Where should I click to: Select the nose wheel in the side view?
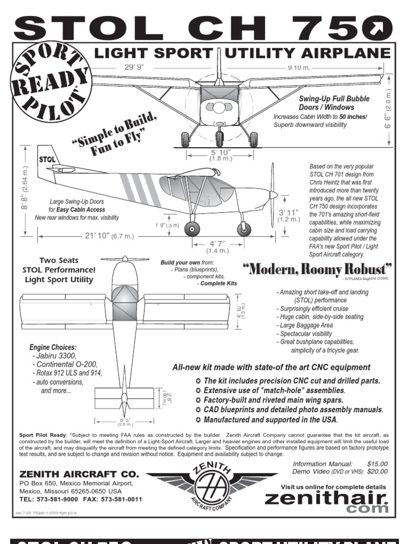(244, 229)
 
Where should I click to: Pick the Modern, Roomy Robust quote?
(318, 269)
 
